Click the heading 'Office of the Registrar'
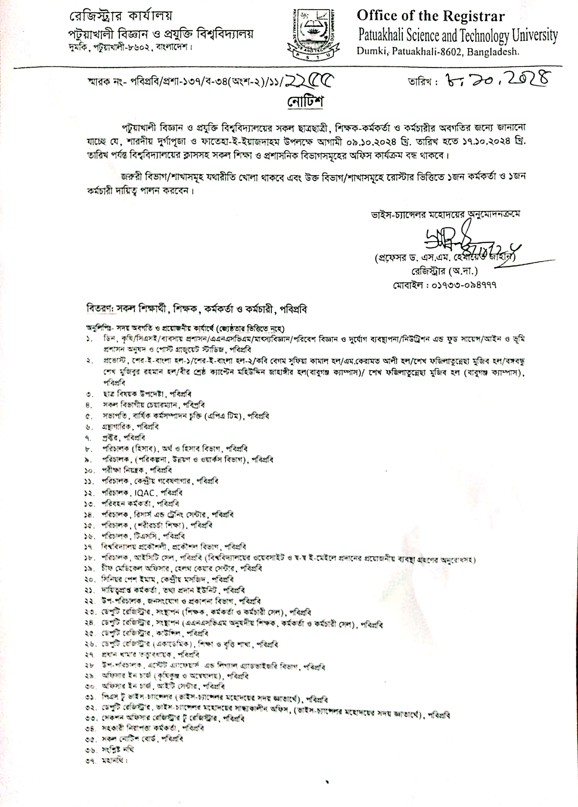430,16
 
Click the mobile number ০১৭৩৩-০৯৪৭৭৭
445,285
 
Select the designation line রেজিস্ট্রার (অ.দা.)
445,272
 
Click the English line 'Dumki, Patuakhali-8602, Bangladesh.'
438,52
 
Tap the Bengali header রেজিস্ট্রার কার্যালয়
121,16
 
